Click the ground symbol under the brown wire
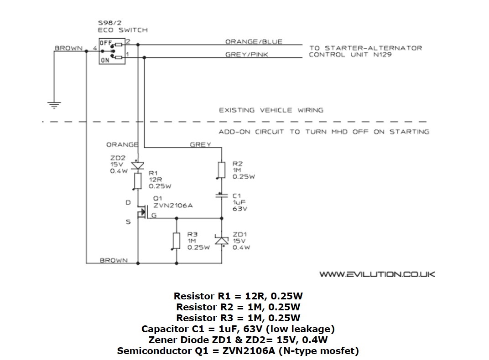pyautogui.click(x=54, y=106)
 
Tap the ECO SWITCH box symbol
pyautogui.click(x=111, y=51)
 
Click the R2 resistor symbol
pyautogui.click(x=222, y=170)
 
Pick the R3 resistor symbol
pyautogui.click(x=177, y=241)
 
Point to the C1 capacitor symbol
pyautogui.click(x=222, y=195)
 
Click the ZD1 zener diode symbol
pyautogui.click(x=222, y=240)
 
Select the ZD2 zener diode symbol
pyautogui.click(x=137, y=165)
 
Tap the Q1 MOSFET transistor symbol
pyautogui.click(x=142, y=212)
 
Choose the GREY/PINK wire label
pyautogui.click(x=247, y=55)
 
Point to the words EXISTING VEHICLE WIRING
pyautogui.click(x=271, y=110)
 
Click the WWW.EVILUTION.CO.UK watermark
pyautogui.click(x=377, y=274)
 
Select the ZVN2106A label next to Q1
pyautogui.click(x=173, y=206)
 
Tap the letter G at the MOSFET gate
pyautogui.click(x=154, y=216)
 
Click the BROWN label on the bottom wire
pyautogui.click(x=114, y=261)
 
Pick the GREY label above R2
pyautogui.click(x=200, y=144)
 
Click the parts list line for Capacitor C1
pyautogui.click(x=238, y=329)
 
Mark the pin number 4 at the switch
pyautogui.click(x=94, y=48)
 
